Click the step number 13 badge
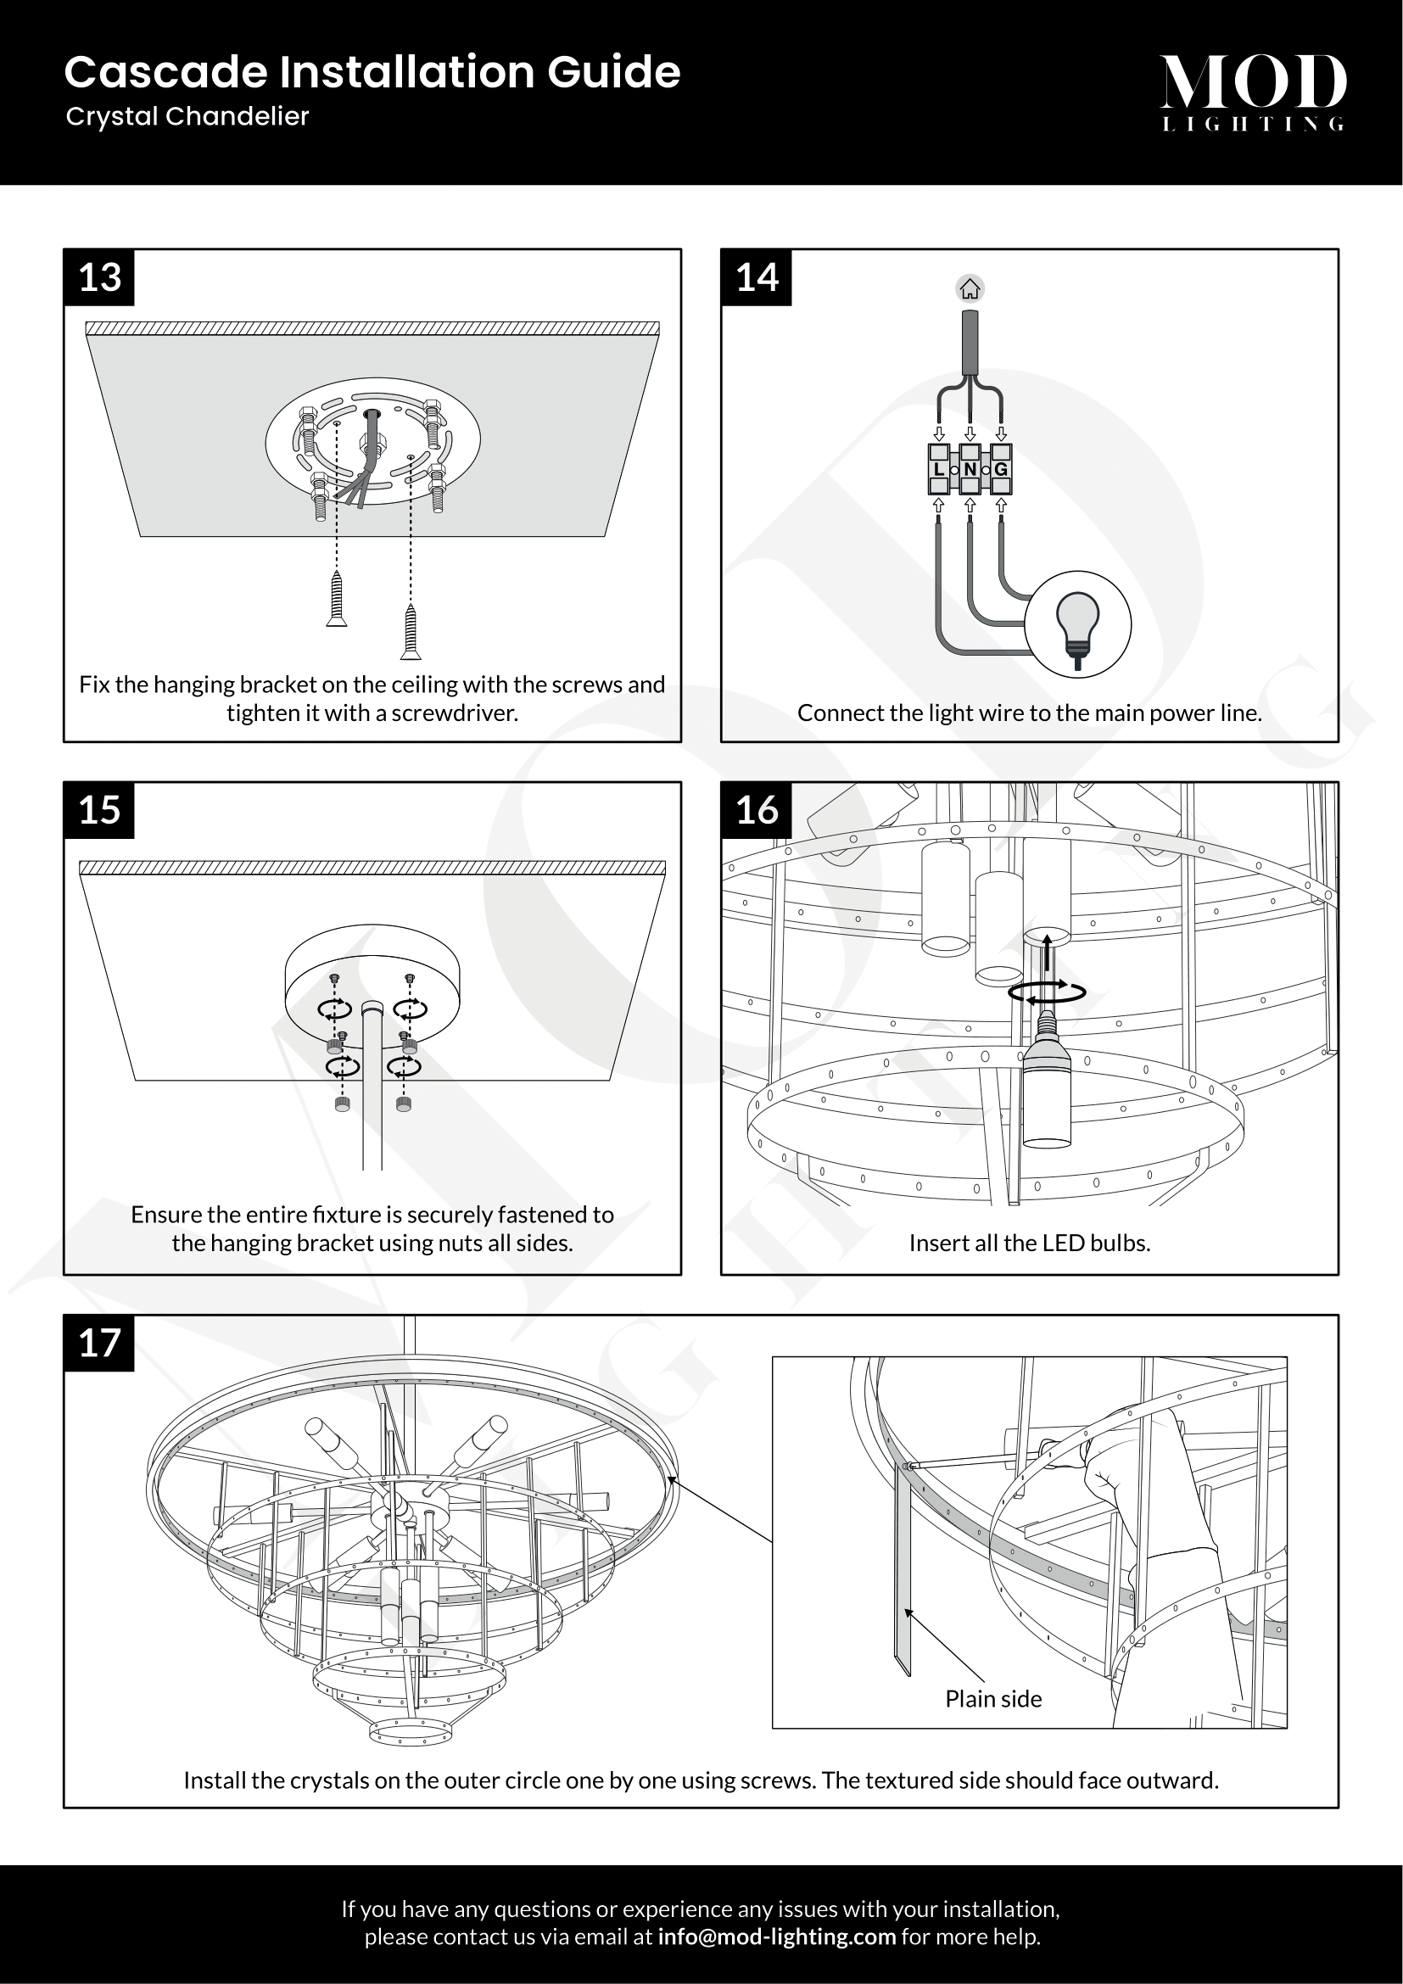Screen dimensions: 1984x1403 99,277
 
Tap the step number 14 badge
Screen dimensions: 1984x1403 757,277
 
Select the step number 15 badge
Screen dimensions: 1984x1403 99,811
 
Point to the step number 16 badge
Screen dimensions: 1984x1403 757,811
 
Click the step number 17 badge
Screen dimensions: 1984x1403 99,1344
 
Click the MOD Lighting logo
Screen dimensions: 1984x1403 1253,91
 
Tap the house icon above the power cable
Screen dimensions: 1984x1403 970,288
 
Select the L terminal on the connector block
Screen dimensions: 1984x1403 939,469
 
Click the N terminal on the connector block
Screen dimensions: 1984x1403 970,469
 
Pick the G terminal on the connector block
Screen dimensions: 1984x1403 1000,469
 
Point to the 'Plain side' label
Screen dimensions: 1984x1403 993,1699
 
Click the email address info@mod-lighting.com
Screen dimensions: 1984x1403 776,1936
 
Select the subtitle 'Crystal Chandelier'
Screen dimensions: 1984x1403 187,117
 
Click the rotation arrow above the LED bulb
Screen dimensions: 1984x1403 1047,993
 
